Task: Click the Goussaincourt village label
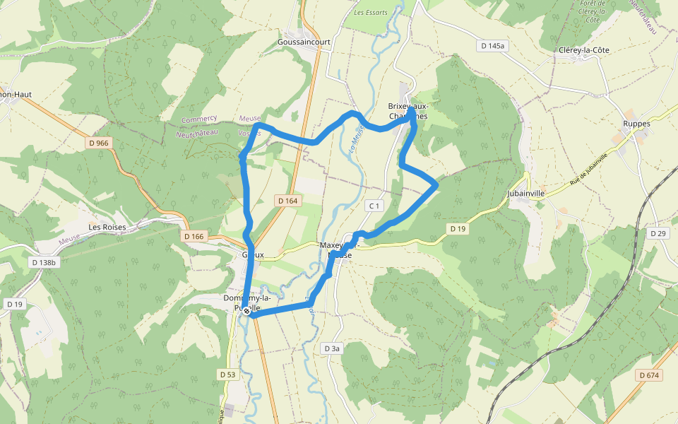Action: tap(304, 42)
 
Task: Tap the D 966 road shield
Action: tap(100, 143)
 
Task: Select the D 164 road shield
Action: tap(288, 201)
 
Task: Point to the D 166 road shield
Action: tap(192, 236)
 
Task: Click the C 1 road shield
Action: tap(374, 206)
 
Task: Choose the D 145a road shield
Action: tap(494, 46)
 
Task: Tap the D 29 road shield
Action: tap(658, 233)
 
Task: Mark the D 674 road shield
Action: tap(648, 375)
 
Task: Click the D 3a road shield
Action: tap(332, 348)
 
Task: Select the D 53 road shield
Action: tap(227, 374)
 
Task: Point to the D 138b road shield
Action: tap(43, 261)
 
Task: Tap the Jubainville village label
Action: tap(526, 192)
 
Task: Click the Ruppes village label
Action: tap(636, 123)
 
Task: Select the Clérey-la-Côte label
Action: tap(583, 50)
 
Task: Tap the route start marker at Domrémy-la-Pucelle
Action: tap(246, 311)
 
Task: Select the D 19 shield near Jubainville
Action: tap(458, 228)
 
